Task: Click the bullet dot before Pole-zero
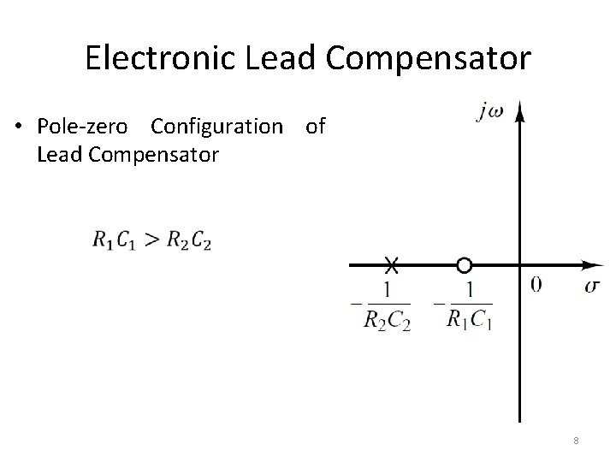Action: tap(18, 127)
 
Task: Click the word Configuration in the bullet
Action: tap(216, 127)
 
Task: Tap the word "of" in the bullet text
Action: tap(315, 127)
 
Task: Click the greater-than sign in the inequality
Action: tap(151, 240)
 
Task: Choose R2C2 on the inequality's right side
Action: tap(187, 241)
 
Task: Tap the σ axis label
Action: tap(592, 285)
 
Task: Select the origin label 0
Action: tap(536, 285)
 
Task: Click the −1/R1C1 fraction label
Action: tap(465, 305)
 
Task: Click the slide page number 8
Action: tap(577, 441)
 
